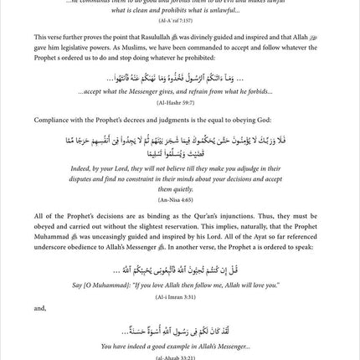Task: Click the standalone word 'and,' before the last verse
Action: (x=41, y=307)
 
